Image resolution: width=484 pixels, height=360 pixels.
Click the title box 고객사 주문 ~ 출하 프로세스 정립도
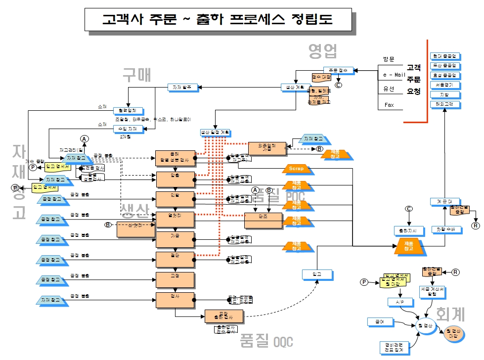217,19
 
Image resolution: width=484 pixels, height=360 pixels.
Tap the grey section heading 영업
322,50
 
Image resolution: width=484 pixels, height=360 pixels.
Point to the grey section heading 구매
136,74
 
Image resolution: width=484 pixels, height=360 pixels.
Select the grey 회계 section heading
450,314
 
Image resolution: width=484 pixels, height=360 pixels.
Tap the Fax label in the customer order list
389,105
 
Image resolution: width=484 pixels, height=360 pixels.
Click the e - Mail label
394,75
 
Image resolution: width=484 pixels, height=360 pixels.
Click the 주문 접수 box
339,70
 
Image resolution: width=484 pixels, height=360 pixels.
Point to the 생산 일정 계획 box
215,133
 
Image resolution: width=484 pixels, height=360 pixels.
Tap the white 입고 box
317,273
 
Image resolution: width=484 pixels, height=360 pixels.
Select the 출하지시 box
408,230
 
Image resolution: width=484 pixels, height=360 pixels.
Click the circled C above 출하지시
409,209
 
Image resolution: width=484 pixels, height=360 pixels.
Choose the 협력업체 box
128,110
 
